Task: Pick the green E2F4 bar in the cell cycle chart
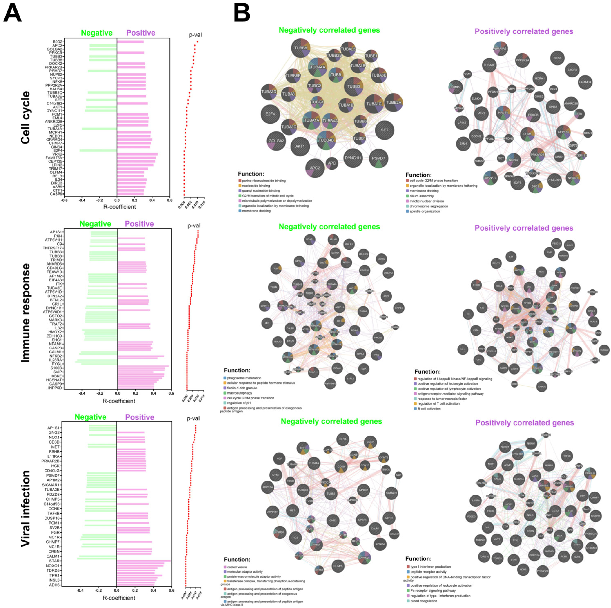(98, 150)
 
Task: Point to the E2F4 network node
(270, 114)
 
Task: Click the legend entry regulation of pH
(240, 403)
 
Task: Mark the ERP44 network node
(399, 308)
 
